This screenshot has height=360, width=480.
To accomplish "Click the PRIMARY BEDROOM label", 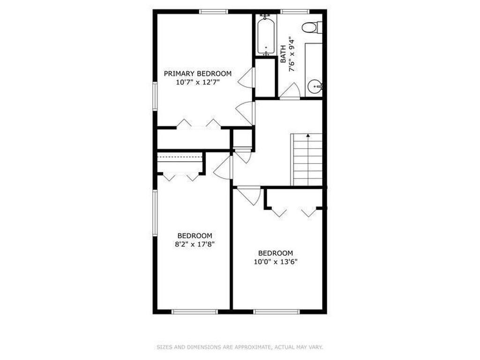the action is [x=197, y=74].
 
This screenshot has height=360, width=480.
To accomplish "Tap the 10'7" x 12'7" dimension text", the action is [x=198, y=82].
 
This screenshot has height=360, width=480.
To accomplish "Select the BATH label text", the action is [x=283, y=54].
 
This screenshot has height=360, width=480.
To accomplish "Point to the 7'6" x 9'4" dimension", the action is [x=292, y=54].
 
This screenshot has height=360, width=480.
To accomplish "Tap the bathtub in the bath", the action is [x=266, y=36].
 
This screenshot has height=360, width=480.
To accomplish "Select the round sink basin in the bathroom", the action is [x=315, y=87].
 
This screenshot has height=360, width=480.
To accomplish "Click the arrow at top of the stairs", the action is [x=308, y=135].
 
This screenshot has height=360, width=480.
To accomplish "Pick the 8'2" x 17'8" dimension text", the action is [x=195, y=244].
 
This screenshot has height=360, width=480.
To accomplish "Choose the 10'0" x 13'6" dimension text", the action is [x=276, y=262].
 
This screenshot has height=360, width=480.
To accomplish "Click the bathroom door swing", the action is [x=290, y=91].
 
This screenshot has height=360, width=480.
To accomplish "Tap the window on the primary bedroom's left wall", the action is [x=155, y=96].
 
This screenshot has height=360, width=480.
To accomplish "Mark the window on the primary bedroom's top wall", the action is [x=214, y=12].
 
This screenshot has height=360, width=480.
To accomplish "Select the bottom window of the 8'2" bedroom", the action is [x=195, y=312].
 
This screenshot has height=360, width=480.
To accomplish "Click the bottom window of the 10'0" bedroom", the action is [x=277, y=312].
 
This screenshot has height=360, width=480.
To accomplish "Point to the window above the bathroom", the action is [x=295, y=12].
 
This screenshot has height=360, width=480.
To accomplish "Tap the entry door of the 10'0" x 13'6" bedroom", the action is [x=249, y=196].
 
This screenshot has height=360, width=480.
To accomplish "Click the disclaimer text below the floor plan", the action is [x=240, y=347].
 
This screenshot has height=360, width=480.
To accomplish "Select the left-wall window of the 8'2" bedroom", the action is [x=155, y=213].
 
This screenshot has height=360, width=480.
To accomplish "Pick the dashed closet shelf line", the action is [x=180, y=156].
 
